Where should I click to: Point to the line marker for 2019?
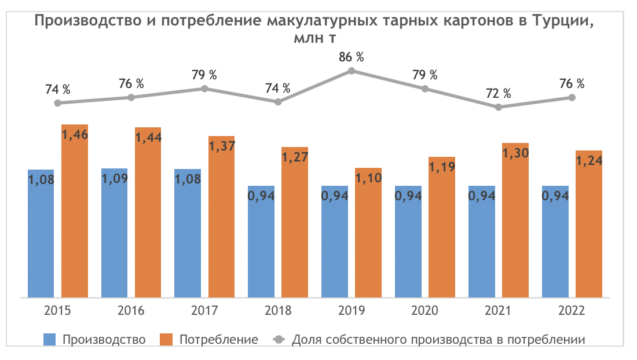pos(352,71)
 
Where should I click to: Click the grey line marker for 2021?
pos(499,107)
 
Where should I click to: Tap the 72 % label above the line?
pos(499,93)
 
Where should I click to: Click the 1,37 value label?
pos(222,146)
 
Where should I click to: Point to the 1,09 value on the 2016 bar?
pos(114,179)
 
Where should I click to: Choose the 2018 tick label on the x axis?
pos(278,311)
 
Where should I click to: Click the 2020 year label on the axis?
pos(425,311)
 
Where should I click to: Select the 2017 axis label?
pos(204,311)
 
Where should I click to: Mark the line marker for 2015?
pos(57,103)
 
